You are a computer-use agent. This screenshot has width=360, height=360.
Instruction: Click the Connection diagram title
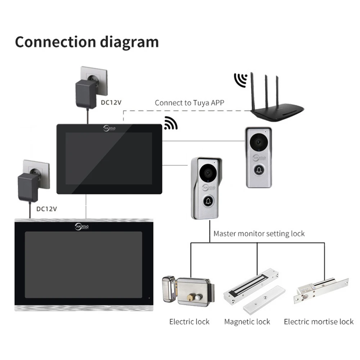[x=87, y=42]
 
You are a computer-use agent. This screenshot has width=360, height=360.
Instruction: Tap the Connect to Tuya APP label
[x=189, y=103]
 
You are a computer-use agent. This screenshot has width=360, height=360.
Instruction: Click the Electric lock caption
[x=189, y=321]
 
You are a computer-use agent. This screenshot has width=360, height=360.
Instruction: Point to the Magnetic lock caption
[x=247, y=321]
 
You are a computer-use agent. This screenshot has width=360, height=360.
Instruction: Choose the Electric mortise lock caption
[x=319, y=321]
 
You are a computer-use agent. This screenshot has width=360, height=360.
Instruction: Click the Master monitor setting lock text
[x=259, y=234]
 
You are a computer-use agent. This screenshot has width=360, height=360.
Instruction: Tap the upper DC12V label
[x=111, y=103]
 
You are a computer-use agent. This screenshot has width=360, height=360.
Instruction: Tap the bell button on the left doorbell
[x=208, y=202]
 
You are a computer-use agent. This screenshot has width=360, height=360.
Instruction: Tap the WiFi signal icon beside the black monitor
[x=170, y=123]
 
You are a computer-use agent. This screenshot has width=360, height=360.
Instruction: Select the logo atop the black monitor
[x=108, y=128]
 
